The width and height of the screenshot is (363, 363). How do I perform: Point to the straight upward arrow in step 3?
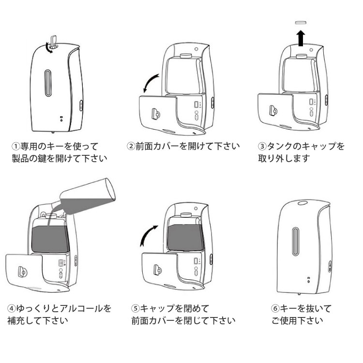coord(301,37)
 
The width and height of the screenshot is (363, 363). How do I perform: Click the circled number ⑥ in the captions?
coord(275,308)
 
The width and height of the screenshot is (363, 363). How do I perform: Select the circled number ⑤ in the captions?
coord(136,308)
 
